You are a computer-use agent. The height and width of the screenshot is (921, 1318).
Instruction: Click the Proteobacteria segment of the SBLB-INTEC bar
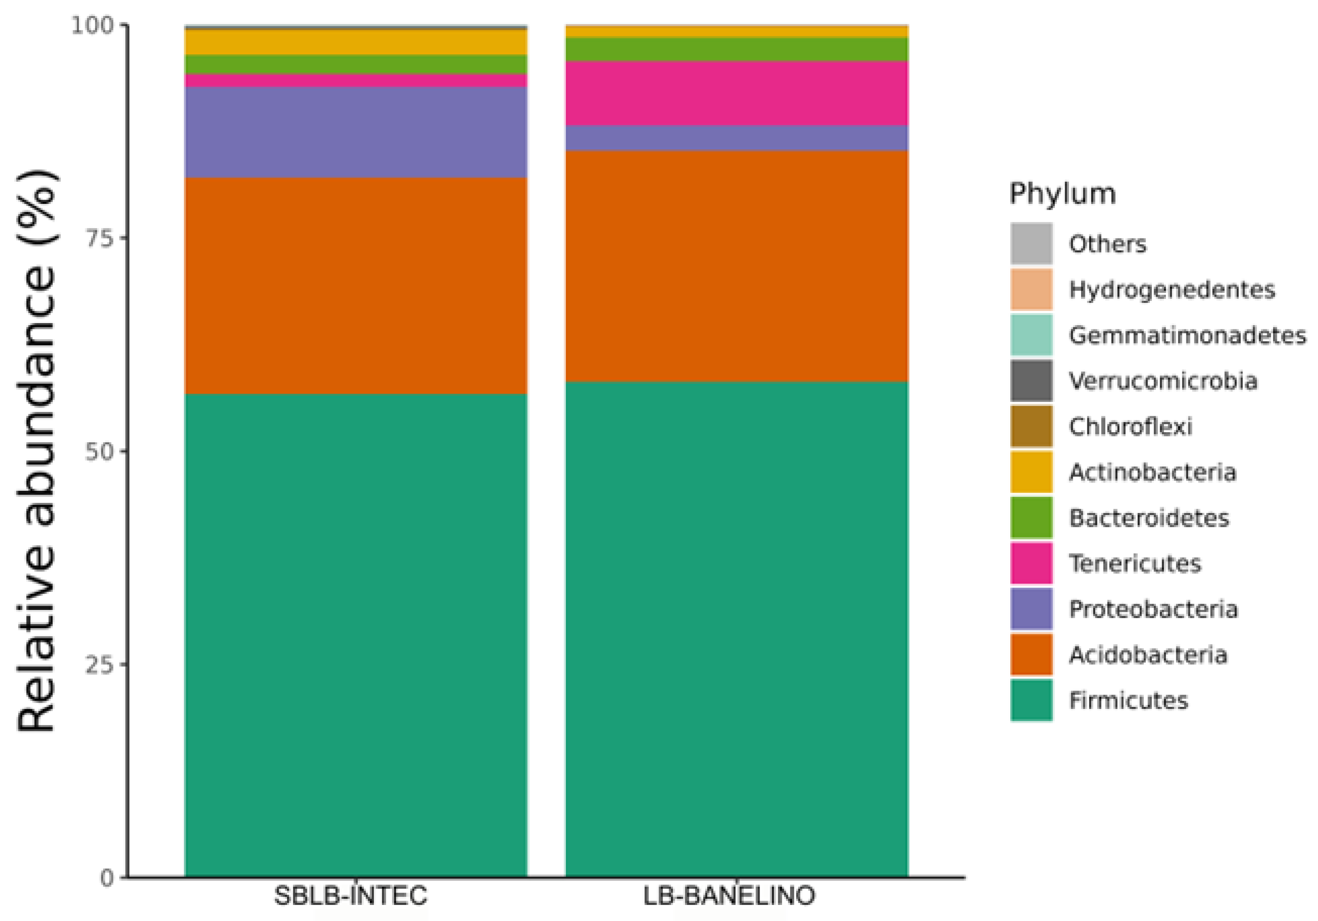(x=355, y=132)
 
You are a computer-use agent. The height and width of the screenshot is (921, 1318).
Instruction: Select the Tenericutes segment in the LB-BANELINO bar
(x=737, y=93)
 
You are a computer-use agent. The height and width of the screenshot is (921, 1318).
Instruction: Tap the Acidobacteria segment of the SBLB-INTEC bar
(x=355, y=285)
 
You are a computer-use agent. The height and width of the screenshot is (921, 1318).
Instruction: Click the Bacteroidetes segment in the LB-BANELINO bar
(x=737, y=49)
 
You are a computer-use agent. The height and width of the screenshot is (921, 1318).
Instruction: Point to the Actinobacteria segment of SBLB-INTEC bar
(x=355, y=42)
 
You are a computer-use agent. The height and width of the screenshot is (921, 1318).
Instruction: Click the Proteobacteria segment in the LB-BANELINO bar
(x=737, y=138)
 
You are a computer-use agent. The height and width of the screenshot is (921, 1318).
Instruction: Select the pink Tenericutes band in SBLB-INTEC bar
(x=355, y=80)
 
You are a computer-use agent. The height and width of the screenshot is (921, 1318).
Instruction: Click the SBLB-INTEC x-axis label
(x=350, y=896)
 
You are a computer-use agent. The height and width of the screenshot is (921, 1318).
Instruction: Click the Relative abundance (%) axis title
(x=36, y=451)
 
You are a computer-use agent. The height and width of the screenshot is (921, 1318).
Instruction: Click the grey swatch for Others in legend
(x=1031, y=243)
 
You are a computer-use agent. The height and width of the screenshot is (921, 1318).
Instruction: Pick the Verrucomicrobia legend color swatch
(x=1031, y=381)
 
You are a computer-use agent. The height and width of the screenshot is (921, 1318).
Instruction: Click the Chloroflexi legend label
(x=1130, y=426)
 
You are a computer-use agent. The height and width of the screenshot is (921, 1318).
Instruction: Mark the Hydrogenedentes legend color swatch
(x=1031, y=289)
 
